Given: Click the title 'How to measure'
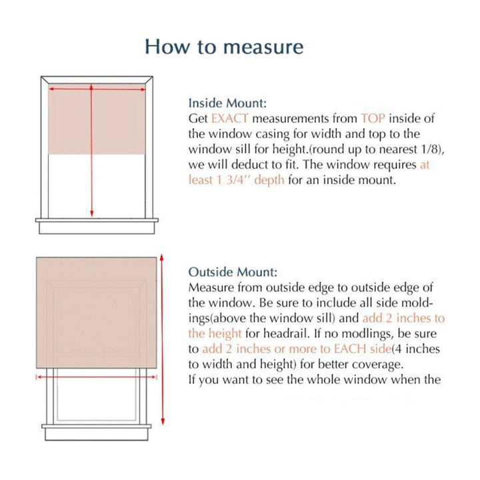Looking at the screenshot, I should click(224, 47).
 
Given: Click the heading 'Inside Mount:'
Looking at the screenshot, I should click(227, 103).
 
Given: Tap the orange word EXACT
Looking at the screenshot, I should click(230, 119).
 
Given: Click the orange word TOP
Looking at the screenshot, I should click(373, 119).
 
